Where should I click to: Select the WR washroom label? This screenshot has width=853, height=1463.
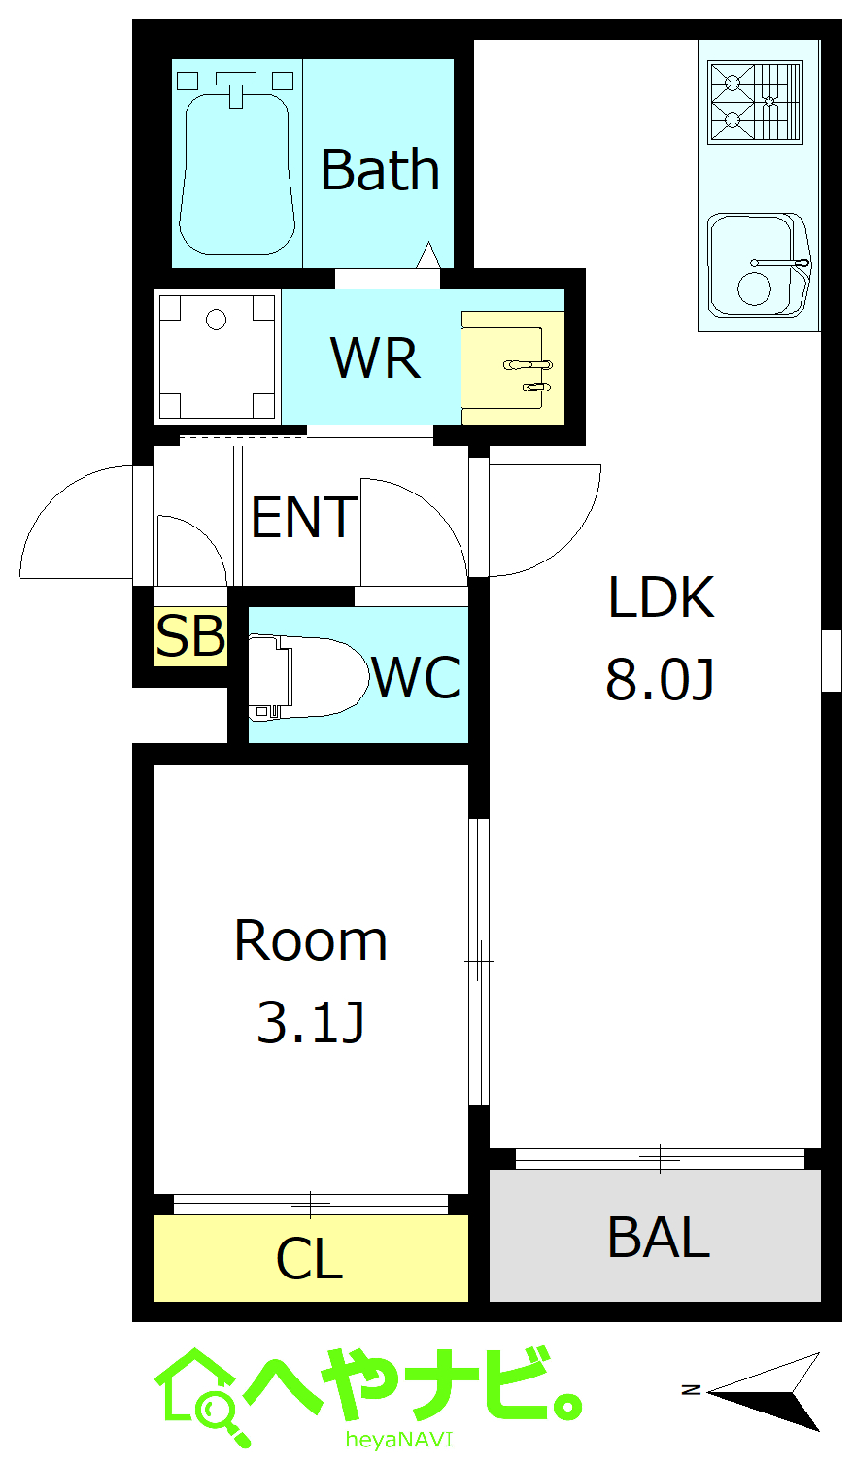coord(375,357)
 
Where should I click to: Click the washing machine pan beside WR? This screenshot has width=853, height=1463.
coord(217,357)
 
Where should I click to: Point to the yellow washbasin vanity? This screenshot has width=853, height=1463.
coord(513,368)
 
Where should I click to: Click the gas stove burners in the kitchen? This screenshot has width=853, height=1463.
coord(756,103)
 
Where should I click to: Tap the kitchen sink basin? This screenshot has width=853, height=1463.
coord(759,265)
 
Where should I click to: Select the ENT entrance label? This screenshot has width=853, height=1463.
coord(304,517)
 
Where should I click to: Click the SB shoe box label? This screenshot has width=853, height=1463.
coord(190,635)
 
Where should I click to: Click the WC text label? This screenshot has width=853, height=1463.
coord(417,677)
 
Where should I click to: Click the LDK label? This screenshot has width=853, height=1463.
coord(661,596)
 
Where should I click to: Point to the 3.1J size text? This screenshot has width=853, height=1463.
coord(311,1022)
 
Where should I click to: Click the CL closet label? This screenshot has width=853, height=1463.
coord(310,1259)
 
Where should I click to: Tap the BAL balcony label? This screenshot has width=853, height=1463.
coord(659,1237)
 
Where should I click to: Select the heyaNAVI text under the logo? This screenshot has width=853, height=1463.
coord(399,1439)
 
